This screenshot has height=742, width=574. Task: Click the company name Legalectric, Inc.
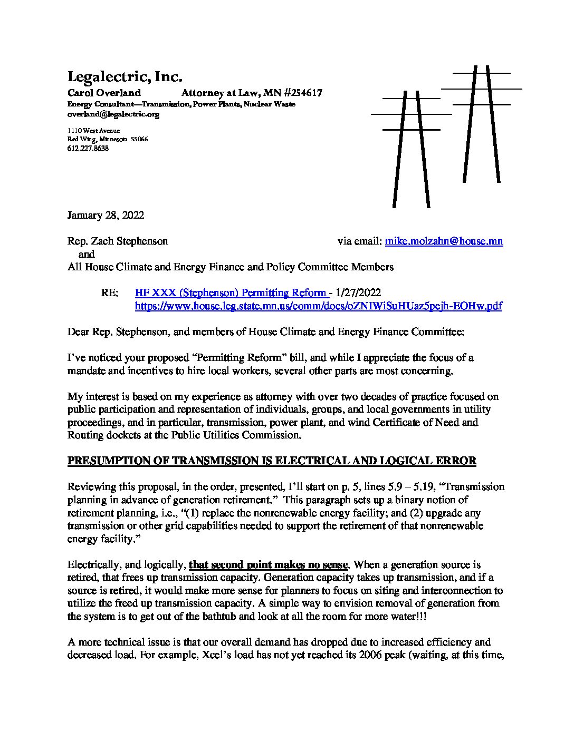click(125, 77)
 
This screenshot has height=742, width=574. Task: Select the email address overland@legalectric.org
click(113, 114)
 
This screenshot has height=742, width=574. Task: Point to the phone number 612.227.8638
click(88, 149)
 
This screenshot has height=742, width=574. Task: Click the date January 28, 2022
click(106, 215)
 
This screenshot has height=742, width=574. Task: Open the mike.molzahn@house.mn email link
click(444, 241)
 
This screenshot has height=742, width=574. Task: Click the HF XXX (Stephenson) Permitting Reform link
click(231, 292)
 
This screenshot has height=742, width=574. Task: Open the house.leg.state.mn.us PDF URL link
click(318, 306)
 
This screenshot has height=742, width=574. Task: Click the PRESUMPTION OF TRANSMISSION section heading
click(272, 461)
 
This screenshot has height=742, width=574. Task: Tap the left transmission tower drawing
click(411, 148)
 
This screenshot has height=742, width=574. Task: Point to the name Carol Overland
click(104, 93)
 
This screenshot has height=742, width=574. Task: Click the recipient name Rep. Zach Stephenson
click(118, 241)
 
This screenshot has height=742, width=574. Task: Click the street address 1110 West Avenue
click(93, 130)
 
